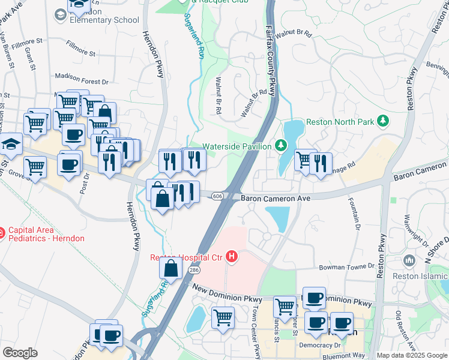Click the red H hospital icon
coord(232,257)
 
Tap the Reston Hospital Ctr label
coord(186,258)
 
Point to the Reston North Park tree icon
coord(382,122)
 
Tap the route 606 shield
coord(218,196)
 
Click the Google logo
coord(20,353)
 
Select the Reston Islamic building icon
coord(410,260)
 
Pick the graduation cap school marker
coord(11,145)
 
